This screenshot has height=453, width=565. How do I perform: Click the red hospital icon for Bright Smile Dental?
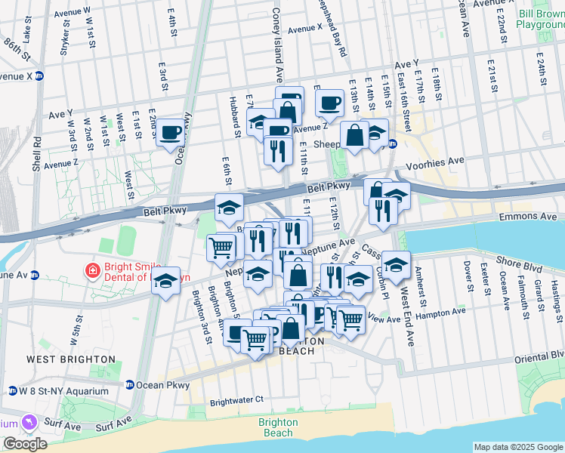92,270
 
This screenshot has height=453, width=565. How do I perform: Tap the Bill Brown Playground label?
540,18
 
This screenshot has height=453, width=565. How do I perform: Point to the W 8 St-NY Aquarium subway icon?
13,390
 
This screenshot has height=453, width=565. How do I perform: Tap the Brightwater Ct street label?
236,401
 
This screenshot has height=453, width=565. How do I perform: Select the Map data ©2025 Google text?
517,447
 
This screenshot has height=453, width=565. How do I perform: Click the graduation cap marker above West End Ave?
394,265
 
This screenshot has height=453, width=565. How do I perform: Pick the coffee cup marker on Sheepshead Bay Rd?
329,103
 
